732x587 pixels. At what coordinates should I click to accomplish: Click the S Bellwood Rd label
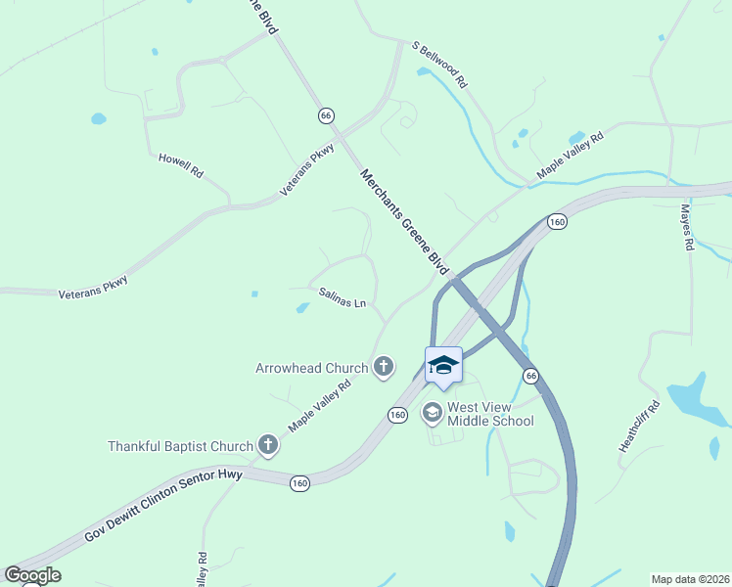point(439,66)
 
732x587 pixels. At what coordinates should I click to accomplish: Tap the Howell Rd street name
point(181,164)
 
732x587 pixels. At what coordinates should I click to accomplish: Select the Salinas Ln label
point(342,297)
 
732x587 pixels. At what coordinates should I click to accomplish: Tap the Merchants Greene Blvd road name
point(404,222)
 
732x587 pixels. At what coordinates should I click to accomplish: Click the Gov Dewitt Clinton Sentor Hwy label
point(163,504)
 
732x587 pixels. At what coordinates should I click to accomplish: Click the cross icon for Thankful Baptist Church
point(267,446)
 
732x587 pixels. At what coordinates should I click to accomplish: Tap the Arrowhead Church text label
point(311,368)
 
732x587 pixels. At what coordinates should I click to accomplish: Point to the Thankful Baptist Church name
point(180,447)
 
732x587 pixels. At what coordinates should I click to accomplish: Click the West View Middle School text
point(490,414)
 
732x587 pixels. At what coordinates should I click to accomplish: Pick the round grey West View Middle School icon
point(431,414)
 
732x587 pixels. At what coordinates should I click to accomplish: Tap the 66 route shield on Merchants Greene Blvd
point(326,115)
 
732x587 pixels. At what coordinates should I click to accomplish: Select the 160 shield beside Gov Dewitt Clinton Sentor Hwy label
point(300,481)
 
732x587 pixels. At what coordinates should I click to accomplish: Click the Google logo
point(32,575)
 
